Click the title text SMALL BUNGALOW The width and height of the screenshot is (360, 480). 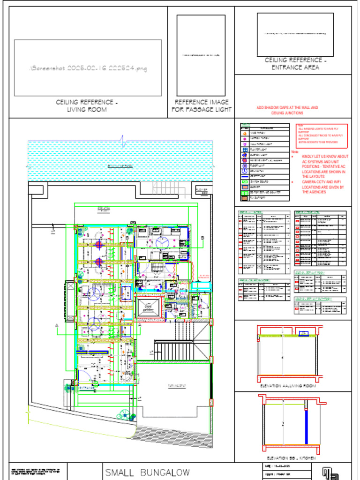click(x=147, y=472)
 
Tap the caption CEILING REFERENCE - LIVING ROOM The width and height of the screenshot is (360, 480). click(x=87, y=106)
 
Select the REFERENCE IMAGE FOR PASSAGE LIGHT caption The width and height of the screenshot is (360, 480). click(x=202, y=106)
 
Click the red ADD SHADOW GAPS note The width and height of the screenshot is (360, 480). click(x=287, y=110)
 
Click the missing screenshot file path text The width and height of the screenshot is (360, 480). click(x=88, y=68)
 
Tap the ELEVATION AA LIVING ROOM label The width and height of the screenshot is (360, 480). click(x=287, y=386)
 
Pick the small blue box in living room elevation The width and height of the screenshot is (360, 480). click(x=304, y=333)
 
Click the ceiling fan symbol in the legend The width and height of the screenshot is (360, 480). click(x=244, y=171)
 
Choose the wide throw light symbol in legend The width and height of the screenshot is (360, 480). click(x=244, y=133)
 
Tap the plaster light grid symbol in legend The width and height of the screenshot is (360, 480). click(x=244, y=149)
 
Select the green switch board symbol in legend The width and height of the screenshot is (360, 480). click(x=244, y=181)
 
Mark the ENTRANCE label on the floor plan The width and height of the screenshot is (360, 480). click(x=87, y=388)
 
